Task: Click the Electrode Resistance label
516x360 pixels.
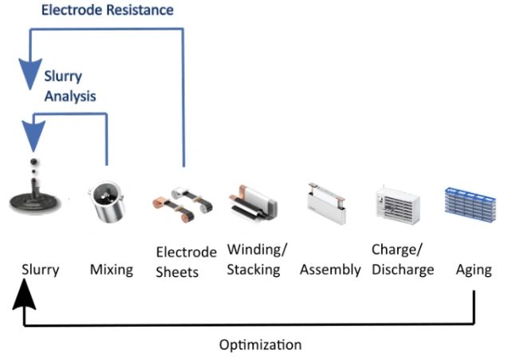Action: click(107, 10)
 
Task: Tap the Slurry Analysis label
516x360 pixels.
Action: click(69, 86)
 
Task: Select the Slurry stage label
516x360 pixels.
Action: click(40, 269)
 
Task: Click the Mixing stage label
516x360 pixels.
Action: click(111, 269)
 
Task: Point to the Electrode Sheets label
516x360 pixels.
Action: click(186, 261)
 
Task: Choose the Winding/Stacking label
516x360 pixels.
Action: click(254, 259)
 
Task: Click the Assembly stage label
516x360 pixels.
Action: click(330, 269)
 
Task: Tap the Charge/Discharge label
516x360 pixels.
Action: click(403, 259)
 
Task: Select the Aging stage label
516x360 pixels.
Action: click(474, 269)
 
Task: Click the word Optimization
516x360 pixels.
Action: click(260, 345)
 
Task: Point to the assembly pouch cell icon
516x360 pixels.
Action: click(325, 203)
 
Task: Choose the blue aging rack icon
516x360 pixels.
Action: click(471, 203)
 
